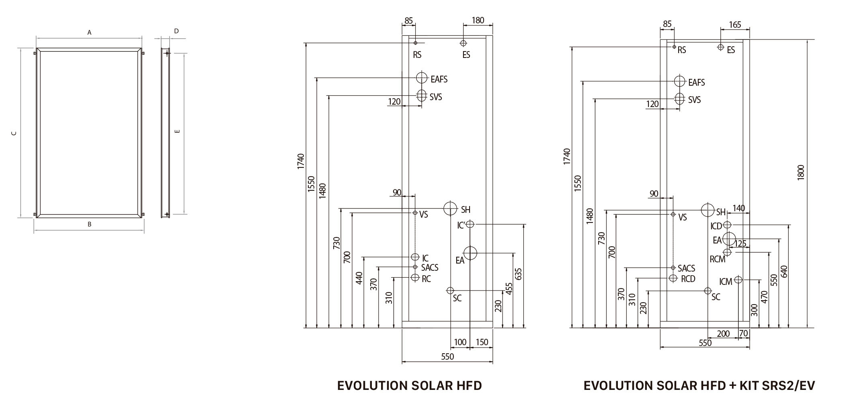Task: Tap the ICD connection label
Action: click(x=716, y=226)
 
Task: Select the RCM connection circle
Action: click(x=727, y=252)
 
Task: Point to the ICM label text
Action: click(x=726, y=282)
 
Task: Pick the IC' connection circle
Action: click(x=470, y=224)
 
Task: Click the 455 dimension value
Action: click(x=509, y=288)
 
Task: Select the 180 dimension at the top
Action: click(x=478, y=20)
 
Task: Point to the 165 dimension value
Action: click(x=735, y=25)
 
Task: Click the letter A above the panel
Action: click(x=90, y=32)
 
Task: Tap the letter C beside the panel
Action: click(x=14, y=133)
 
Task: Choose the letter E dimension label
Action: click(x=177, y=131)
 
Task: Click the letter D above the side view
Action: click(x=176, y=31)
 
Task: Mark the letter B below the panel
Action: click(x=90, y=225)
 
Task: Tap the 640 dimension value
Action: click(x=784, y=272)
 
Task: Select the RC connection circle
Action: click(x=415, y=278)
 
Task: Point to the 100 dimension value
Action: click(x=460, y=342)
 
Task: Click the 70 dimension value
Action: click(x=743, y=333)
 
